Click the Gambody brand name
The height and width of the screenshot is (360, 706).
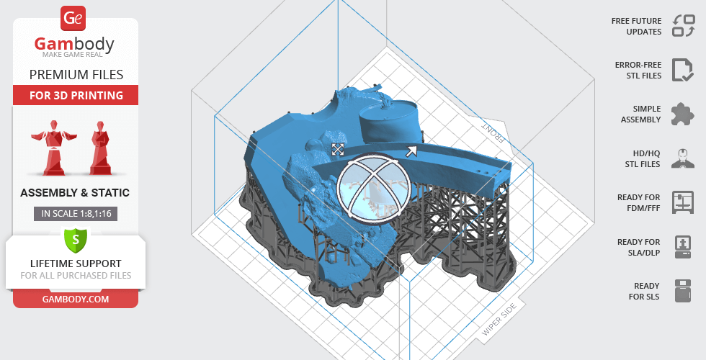(75, 45)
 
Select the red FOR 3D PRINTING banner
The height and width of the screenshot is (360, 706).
(76, 95)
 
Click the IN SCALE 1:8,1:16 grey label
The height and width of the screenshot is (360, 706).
(76, 213)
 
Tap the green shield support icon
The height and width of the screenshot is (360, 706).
(76, 239)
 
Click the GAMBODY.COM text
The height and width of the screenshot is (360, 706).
(76, 298)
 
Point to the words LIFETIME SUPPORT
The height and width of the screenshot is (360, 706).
(76, 264)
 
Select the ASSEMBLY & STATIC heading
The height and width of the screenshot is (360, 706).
(76, 193)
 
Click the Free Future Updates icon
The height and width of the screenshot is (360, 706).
(682, 26)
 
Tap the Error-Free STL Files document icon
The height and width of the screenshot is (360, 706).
(682, 70)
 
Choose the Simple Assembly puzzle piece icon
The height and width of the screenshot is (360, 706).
(682, 114)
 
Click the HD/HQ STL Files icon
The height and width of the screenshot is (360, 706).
(682, 158)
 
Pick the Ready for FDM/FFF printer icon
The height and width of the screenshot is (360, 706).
(682, 202)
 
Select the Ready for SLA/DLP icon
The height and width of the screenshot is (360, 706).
(682, 247)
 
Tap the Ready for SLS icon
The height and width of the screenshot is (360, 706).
(682, 291)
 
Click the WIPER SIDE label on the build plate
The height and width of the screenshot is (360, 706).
(498, 321)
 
